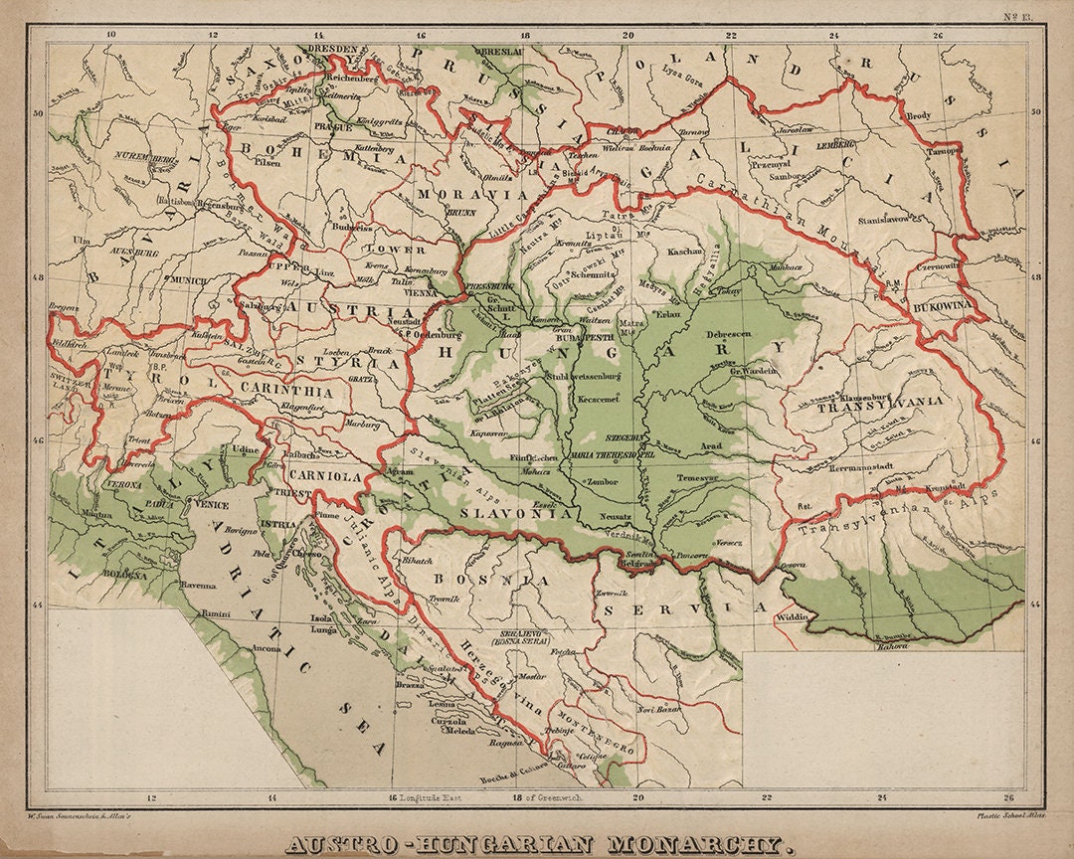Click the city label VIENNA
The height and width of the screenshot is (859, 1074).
420,293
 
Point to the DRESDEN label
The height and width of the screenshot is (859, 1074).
330,48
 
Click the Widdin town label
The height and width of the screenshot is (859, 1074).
793,616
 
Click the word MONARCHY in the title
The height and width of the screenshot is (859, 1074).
701,846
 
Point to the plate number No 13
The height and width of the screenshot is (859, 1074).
1019,16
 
